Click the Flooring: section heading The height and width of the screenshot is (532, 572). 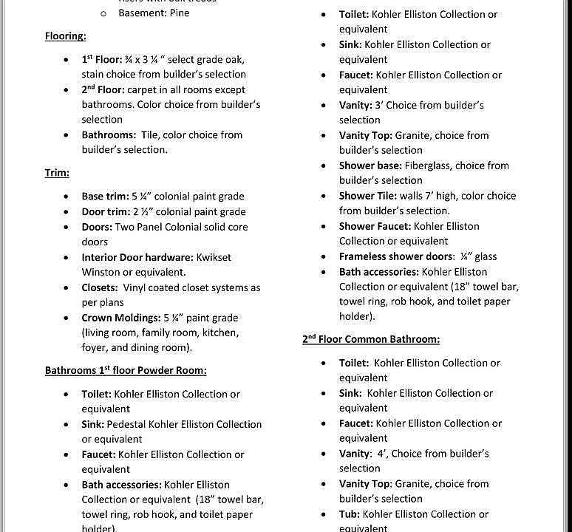tap(65, 36)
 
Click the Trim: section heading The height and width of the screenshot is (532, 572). tap(57, 173)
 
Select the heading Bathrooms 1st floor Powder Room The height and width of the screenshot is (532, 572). tap(126, 370)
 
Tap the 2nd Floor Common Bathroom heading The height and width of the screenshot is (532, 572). tap(371, 339)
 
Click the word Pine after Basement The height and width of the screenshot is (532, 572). tap(178, 13)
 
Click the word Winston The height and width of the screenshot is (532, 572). tap(101, 272)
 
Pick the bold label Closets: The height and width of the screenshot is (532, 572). tap(100, 287)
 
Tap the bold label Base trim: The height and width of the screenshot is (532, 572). tap(106, 197)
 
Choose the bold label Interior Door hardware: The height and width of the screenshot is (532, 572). tap(137, 257)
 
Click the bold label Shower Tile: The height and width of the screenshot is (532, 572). tap(367, 196)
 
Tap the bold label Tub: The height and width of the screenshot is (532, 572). tap(350, 514)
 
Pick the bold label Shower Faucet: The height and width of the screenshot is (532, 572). tap(375, 226)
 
